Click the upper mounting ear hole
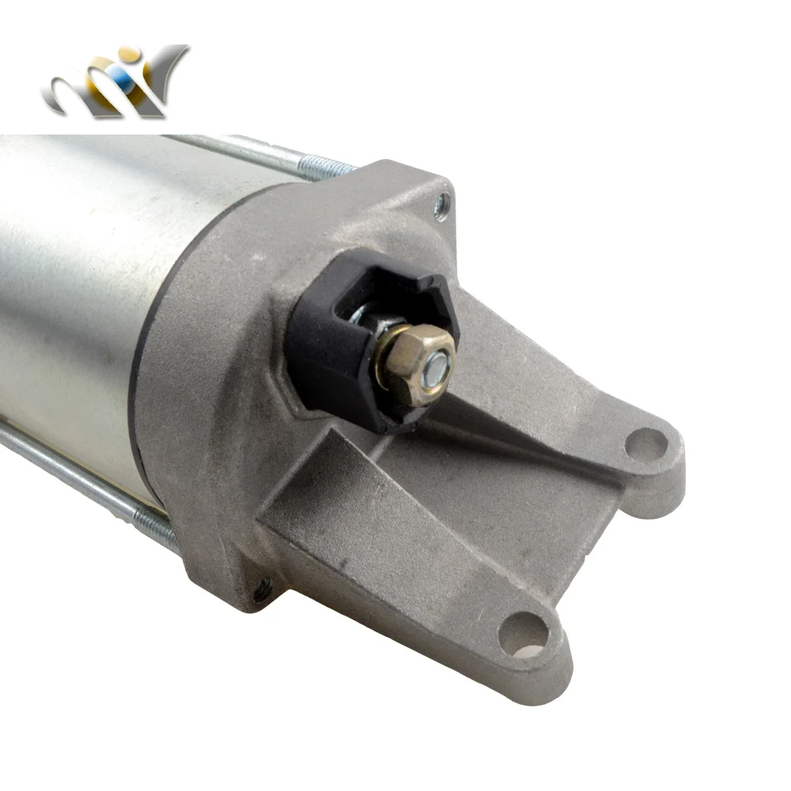tap(645, 444)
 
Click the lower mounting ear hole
tap(523, 633)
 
